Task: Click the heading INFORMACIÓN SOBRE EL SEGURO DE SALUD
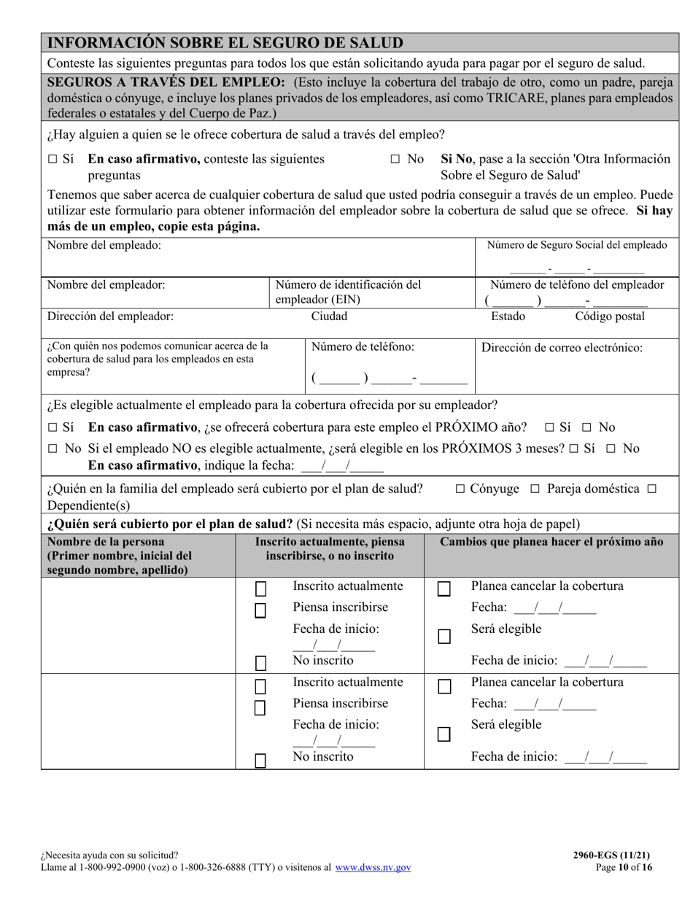coord(225,43)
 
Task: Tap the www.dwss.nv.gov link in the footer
coord(373,868)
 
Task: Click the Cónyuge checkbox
coord(460,489)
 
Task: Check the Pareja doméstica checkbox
coord(535,489)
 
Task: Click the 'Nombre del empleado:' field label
coord(104,246)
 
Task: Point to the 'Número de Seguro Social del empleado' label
coord(576,245)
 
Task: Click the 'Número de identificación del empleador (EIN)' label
coord(348,292)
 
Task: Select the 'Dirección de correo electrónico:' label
coord(562,348)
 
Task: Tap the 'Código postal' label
coord(610,317)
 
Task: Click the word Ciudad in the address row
coord(329,317)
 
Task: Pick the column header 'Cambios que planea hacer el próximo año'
coord(552,543)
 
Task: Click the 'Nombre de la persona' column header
coord(106,543)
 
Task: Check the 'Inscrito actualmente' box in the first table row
coord(260,589)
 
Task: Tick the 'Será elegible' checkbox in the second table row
coord(444,734)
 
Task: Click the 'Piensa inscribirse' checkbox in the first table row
coord(260,610)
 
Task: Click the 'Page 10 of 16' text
coord(624,868)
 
